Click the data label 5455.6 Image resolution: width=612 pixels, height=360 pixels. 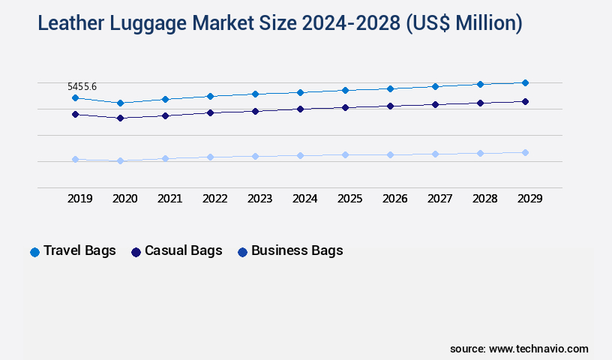click(82, 87)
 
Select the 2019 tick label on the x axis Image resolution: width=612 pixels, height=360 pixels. click(80, 199)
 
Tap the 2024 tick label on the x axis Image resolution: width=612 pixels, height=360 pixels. click(305, 199)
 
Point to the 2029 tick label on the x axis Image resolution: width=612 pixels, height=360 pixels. click(530, 199)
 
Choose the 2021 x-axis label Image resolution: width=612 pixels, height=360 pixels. click(170, 199)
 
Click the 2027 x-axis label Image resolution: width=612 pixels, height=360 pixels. click(440, 199)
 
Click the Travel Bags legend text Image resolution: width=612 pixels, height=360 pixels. click(79, 250)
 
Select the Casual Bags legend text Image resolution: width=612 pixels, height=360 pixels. click(183, 250)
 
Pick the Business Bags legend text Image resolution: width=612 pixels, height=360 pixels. click(297, 250)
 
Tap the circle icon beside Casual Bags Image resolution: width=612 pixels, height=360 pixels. click(136, 252)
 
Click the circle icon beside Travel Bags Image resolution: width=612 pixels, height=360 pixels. click(34, 252)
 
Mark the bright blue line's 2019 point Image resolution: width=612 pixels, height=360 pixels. click(75, 97)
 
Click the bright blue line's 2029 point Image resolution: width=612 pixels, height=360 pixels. click(525, 82)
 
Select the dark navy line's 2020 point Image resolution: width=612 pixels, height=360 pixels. click(120, 118)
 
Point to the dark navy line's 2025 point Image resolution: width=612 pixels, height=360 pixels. click(345, 107)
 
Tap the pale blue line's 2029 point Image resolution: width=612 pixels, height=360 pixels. click(525, 152)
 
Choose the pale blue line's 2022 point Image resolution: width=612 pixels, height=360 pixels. click(210, 157)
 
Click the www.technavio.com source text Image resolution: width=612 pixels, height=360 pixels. click(538, 349)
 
